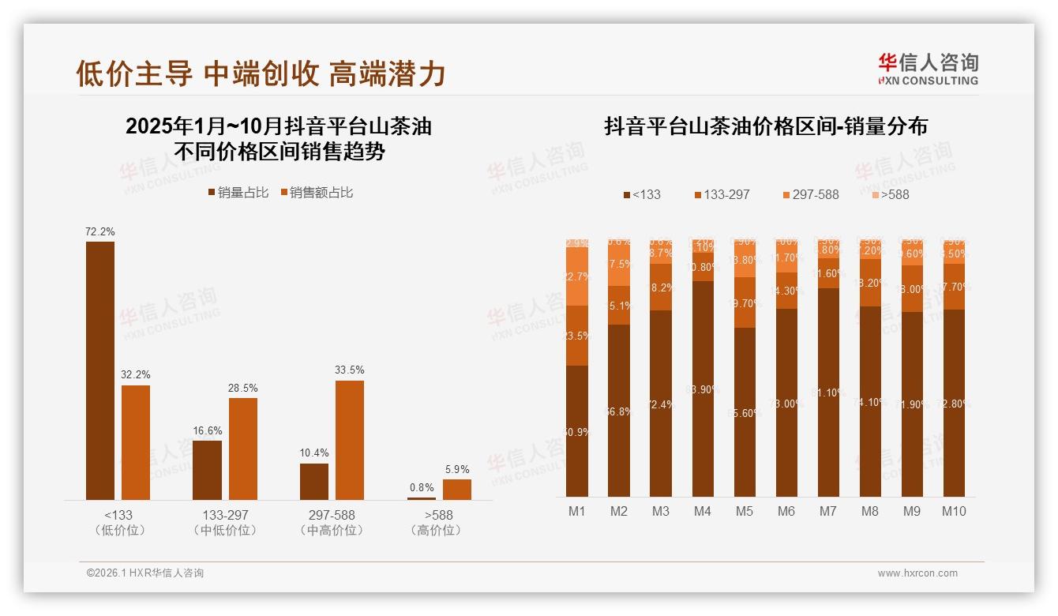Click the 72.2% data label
coord(100,232)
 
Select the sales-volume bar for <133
coord(100,371)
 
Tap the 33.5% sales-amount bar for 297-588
coord(350,440)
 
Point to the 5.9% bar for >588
coord(456,490)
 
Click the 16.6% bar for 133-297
coord(207,470)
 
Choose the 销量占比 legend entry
coord(238,193)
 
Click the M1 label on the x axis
coord(577,511)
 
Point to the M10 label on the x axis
coord(954,511)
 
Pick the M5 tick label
coord(745,511)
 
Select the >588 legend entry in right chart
coord(890,194)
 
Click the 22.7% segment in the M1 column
coord(577,276)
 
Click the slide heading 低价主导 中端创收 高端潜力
coord(261,73)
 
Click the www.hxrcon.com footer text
coord(917,573)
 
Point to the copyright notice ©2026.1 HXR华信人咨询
coord(144,573)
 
